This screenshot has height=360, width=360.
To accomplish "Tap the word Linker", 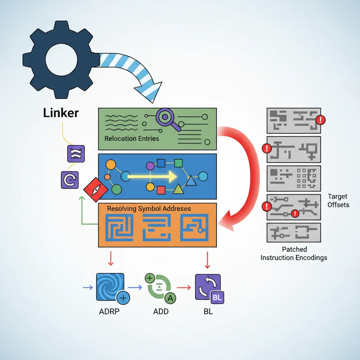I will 61,113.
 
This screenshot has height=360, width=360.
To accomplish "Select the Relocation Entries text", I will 131,139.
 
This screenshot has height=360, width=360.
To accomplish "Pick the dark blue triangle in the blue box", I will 191,181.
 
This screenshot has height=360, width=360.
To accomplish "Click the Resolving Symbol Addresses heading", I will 149,209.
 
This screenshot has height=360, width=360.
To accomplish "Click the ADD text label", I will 161,312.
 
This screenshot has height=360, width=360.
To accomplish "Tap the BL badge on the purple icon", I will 217,298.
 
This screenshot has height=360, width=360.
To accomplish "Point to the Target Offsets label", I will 338,200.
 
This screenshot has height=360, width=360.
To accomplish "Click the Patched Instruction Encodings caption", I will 294,253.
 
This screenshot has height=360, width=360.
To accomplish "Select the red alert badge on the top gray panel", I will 320,120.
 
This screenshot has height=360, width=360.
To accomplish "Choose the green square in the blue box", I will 178,163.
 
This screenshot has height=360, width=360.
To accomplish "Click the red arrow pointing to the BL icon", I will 183,288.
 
